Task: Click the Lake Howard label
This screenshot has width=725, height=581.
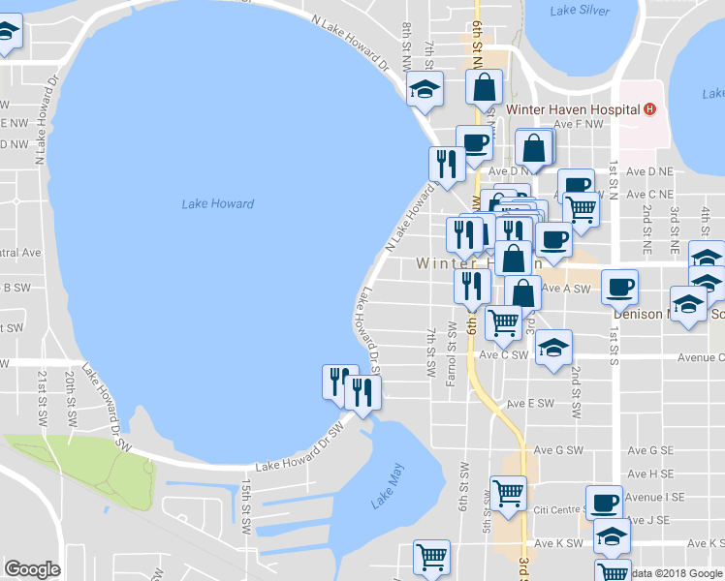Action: point(218,204)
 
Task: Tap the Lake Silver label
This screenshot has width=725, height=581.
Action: point(580,11)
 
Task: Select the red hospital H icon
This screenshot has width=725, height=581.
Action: point(650,109)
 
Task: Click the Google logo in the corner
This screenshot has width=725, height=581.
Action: point(32,569)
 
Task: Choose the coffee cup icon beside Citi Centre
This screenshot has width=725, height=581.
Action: point(605,502)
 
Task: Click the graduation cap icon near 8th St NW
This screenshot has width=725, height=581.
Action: point(424,88)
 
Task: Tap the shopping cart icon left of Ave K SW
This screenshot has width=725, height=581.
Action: point(431,556)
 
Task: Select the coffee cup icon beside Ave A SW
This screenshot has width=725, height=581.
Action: point(619,286)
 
